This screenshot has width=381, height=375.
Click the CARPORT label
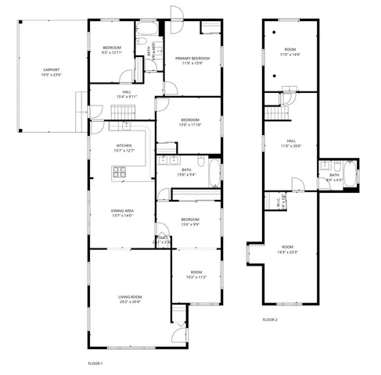point(51,70)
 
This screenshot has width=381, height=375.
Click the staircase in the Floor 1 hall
point(121,116)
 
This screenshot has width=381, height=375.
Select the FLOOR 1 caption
point(95,363)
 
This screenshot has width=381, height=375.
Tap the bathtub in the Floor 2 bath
point(350,177)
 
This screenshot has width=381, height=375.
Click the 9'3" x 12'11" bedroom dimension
point(112,53)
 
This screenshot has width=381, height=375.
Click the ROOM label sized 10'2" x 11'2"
point(196,273)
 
